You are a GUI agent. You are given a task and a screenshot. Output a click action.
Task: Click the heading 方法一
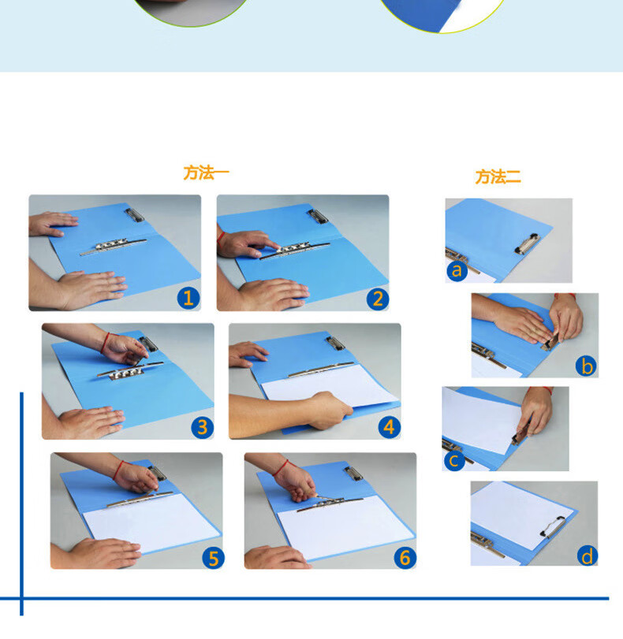(206, 173)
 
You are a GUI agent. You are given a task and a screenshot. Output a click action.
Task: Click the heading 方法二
(498, 176)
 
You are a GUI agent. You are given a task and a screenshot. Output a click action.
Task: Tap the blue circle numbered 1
(188, 298)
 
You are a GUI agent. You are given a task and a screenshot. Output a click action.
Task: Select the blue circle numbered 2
(378, 299)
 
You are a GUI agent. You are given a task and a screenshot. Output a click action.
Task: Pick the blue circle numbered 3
(203, 427)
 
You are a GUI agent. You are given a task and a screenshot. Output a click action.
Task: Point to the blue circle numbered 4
(390, 427)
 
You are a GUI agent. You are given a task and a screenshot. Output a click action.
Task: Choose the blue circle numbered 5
(214, 558)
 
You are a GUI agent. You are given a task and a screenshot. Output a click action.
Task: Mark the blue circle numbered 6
(405, 558)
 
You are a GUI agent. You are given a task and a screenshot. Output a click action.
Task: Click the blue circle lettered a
(457, 270)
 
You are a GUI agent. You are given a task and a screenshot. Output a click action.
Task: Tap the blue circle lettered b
(587, 366)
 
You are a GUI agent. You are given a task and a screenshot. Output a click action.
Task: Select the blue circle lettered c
(454, 460)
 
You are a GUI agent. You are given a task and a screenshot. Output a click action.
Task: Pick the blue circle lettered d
(588, 555)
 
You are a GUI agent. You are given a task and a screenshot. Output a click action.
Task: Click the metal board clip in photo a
(527, 243)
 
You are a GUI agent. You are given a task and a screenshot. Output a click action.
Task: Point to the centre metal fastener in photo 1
(113, 246)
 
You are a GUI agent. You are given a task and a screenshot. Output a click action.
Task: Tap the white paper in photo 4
(328, 385)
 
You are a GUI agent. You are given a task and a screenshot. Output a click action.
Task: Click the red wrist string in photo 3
(106, 342)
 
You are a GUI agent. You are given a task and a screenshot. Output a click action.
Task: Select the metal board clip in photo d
(553, 526)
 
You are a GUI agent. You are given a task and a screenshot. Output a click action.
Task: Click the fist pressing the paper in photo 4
(331, 410)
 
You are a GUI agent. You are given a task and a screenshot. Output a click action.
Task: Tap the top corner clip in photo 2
(318, 217)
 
